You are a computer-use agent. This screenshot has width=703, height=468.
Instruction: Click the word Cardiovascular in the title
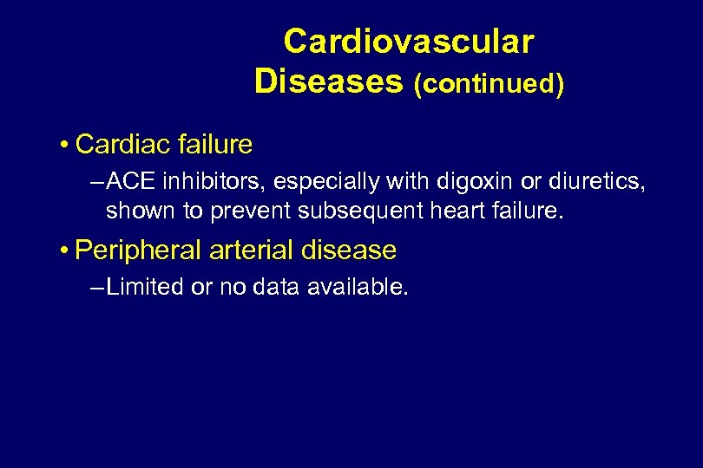click(x=408, y=41)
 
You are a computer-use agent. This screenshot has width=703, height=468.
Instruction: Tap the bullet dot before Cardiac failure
click(x=65, y=144)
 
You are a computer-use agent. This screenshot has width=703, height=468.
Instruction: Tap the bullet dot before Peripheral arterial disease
click(x=65, y=250)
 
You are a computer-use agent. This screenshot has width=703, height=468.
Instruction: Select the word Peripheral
click(x=138, y=251)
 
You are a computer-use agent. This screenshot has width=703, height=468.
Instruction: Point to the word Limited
click(x=145, y=288)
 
